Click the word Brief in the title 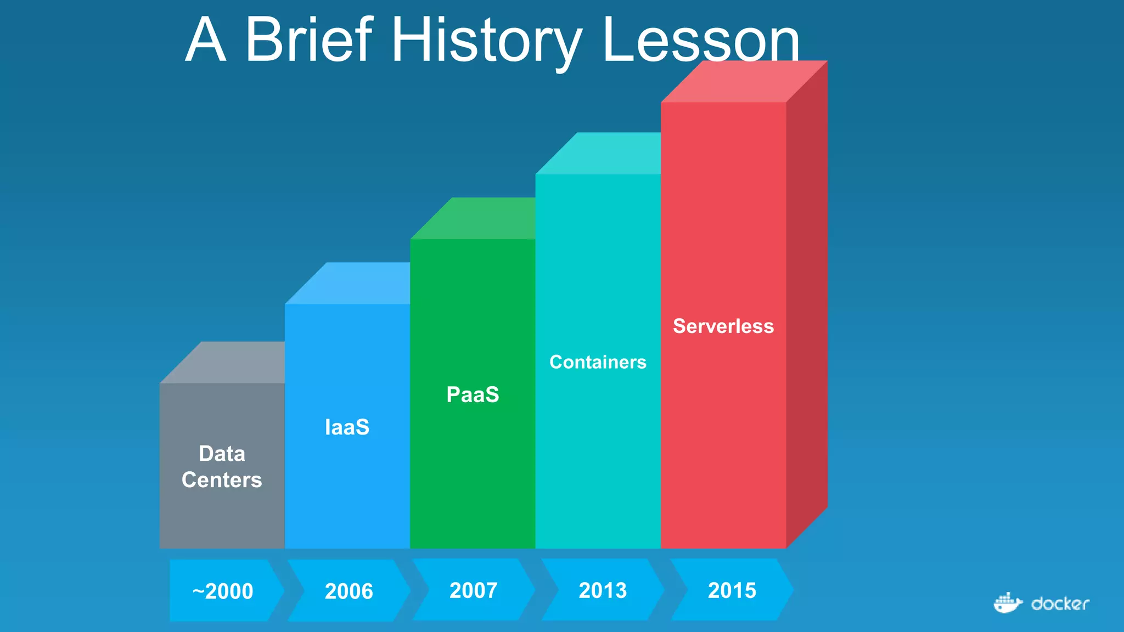click(x=309, y=39)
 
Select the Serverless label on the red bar click(x=723, y=326)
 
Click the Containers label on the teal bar click(x=598, y=362)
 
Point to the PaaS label click(x=473, y=394)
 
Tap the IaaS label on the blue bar click(x=347, y=427)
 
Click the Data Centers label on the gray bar click(x=222, y=467)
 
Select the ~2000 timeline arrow click(x=223, y=591)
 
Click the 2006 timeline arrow click(x=349, y=591)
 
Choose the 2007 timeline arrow click(x=474, y=590)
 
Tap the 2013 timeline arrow click(x=603, y=590)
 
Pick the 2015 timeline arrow click(x=732, y=590)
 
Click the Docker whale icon click(x=1007, y=603)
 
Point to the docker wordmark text click(x=1060, y=604)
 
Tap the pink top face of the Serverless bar click(x=744, y=82)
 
